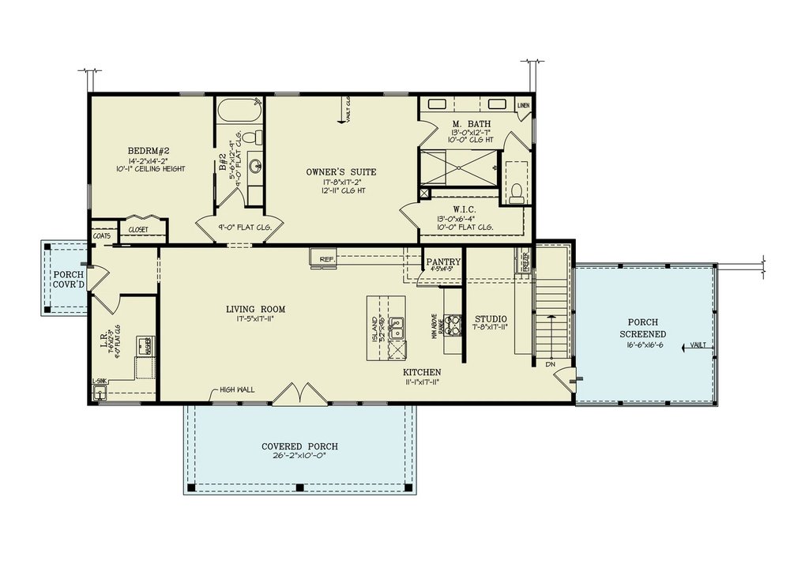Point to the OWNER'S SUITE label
click(341, 171)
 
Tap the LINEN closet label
click(523, 105)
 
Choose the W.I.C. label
click(465, 209)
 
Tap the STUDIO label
click(490, 318)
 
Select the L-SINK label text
click(100, 381)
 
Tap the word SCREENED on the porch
click(646, 334)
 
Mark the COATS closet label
click(101, 235)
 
